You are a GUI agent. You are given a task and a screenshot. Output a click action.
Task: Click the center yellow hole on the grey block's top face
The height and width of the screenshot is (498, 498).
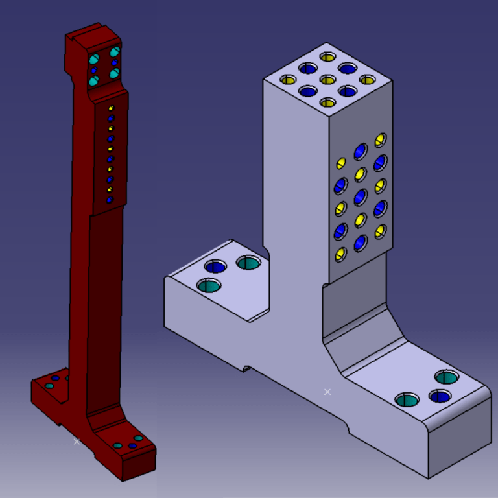[327, 79]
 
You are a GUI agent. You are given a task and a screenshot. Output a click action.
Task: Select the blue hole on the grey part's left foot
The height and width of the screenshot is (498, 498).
[215, 266]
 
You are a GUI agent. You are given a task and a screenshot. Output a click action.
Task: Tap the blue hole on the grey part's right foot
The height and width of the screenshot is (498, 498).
[440, 396]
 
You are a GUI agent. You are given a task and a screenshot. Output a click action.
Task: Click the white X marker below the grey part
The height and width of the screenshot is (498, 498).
[327, 392]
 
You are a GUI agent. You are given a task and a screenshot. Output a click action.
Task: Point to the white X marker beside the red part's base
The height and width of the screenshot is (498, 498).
[77, 442]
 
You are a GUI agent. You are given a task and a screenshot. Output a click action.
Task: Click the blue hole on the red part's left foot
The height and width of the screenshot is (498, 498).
[55, 378]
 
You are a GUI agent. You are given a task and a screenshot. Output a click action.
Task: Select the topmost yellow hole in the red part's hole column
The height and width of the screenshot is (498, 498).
[112, 108]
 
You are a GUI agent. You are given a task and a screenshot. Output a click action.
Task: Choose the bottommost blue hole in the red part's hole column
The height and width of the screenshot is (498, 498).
[110, 200]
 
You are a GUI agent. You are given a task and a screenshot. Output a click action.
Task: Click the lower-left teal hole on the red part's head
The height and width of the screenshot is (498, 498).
[93, 81]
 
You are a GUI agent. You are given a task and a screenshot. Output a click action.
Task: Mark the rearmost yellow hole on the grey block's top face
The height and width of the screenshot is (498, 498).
[327, 56]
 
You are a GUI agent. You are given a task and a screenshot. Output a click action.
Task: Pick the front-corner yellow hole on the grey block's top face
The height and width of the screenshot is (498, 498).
[327, 102]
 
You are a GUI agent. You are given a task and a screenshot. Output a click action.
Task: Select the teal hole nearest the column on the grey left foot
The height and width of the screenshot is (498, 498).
[248, 263]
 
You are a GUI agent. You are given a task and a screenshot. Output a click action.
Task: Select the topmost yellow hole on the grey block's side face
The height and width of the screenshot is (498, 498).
[380, 139]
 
